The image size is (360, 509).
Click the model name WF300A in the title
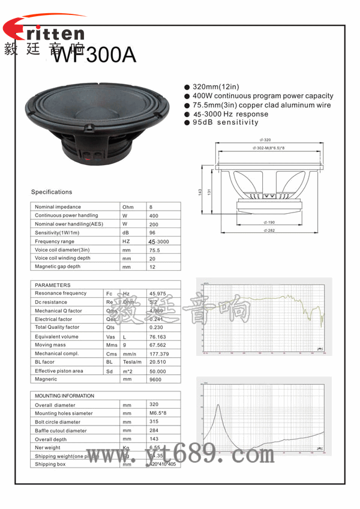(x=95, y=55)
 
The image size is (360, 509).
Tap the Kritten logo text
(x=44, y=33)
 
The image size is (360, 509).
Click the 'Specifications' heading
(x=52, y=192)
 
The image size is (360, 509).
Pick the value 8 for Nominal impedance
(x=151, y=207)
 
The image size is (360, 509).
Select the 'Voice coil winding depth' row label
(x=62, y=258)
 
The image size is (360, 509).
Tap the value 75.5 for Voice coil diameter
(x=154, y=250)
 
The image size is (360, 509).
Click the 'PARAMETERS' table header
(x=53, y=285)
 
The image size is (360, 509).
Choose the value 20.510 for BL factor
(x=157, y=363)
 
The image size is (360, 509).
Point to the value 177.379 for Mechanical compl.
(x=158, y=354)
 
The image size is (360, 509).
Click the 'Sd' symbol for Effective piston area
(x=109, y=372)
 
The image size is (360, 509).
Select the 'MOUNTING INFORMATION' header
(x=64, y=396)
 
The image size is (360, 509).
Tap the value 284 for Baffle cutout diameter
(x=154, y=430)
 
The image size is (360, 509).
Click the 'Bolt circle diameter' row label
(x=58, y=422)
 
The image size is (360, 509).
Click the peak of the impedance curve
(x=218, y=405)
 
